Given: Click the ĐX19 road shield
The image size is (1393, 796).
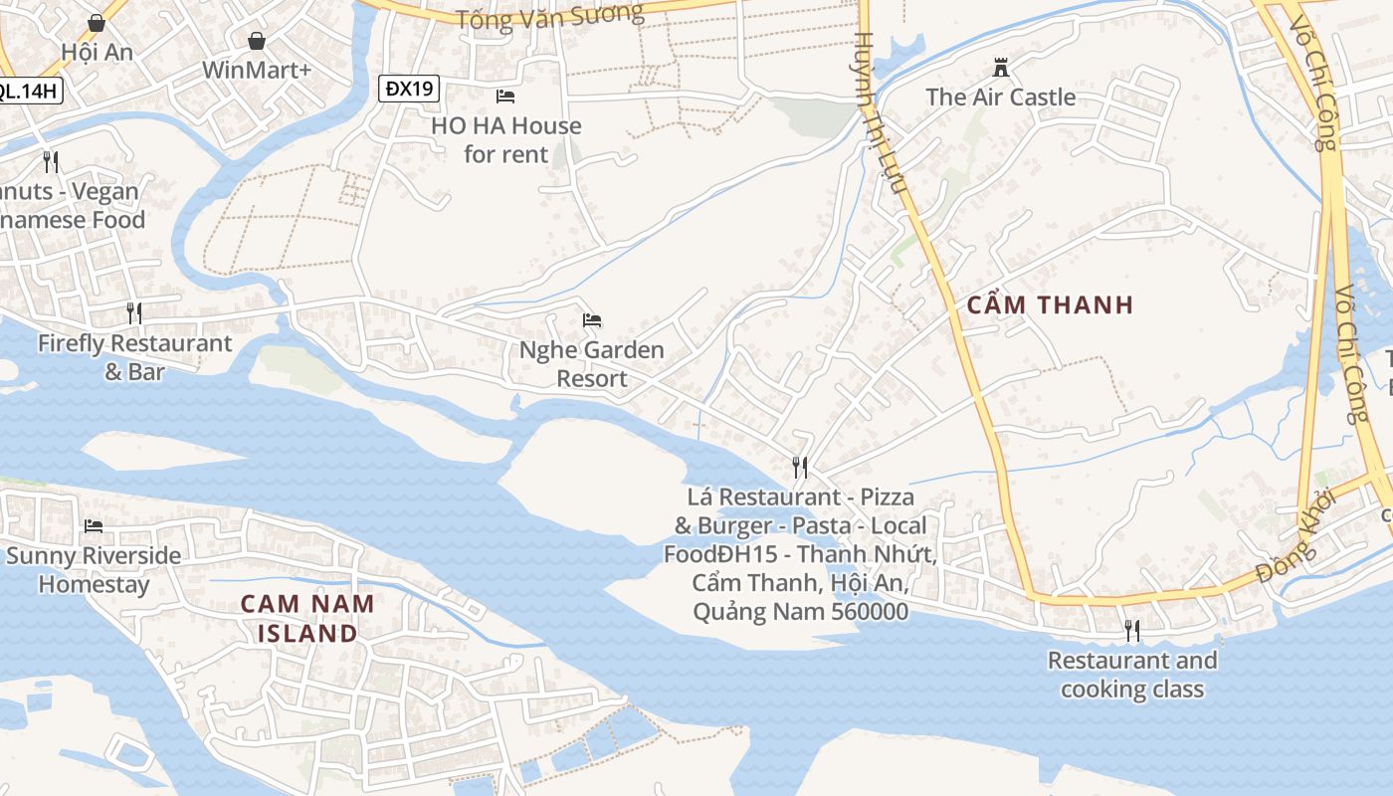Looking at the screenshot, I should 410,89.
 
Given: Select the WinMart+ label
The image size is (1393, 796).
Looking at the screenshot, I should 257,71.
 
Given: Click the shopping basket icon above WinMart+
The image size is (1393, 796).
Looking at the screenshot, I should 257,41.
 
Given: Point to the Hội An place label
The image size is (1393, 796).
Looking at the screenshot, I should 97,52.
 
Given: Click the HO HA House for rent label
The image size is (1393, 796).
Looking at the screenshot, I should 506,140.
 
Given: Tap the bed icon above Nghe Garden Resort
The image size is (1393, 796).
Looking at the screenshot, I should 592,320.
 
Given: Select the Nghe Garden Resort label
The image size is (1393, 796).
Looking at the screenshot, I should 592,364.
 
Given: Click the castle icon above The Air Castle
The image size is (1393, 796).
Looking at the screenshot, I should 1001,68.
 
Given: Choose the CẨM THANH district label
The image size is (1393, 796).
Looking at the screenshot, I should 1050,305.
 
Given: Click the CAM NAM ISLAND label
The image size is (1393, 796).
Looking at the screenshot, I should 307,618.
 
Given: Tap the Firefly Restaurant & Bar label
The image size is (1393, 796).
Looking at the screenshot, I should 134,357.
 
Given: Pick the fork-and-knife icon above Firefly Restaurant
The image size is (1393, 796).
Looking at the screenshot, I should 134,313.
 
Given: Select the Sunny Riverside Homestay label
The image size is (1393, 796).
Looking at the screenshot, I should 94,569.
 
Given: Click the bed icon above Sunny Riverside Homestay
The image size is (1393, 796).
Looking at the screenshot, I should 94,525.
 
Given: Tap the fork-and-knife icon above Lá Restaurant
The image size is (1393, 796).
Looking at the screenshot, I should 799,467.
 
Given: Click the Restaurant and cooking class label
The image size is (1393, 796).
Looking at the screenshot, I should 1132,675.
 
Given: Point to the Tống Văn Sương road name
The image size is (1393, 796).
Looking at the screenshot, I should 549,16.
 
